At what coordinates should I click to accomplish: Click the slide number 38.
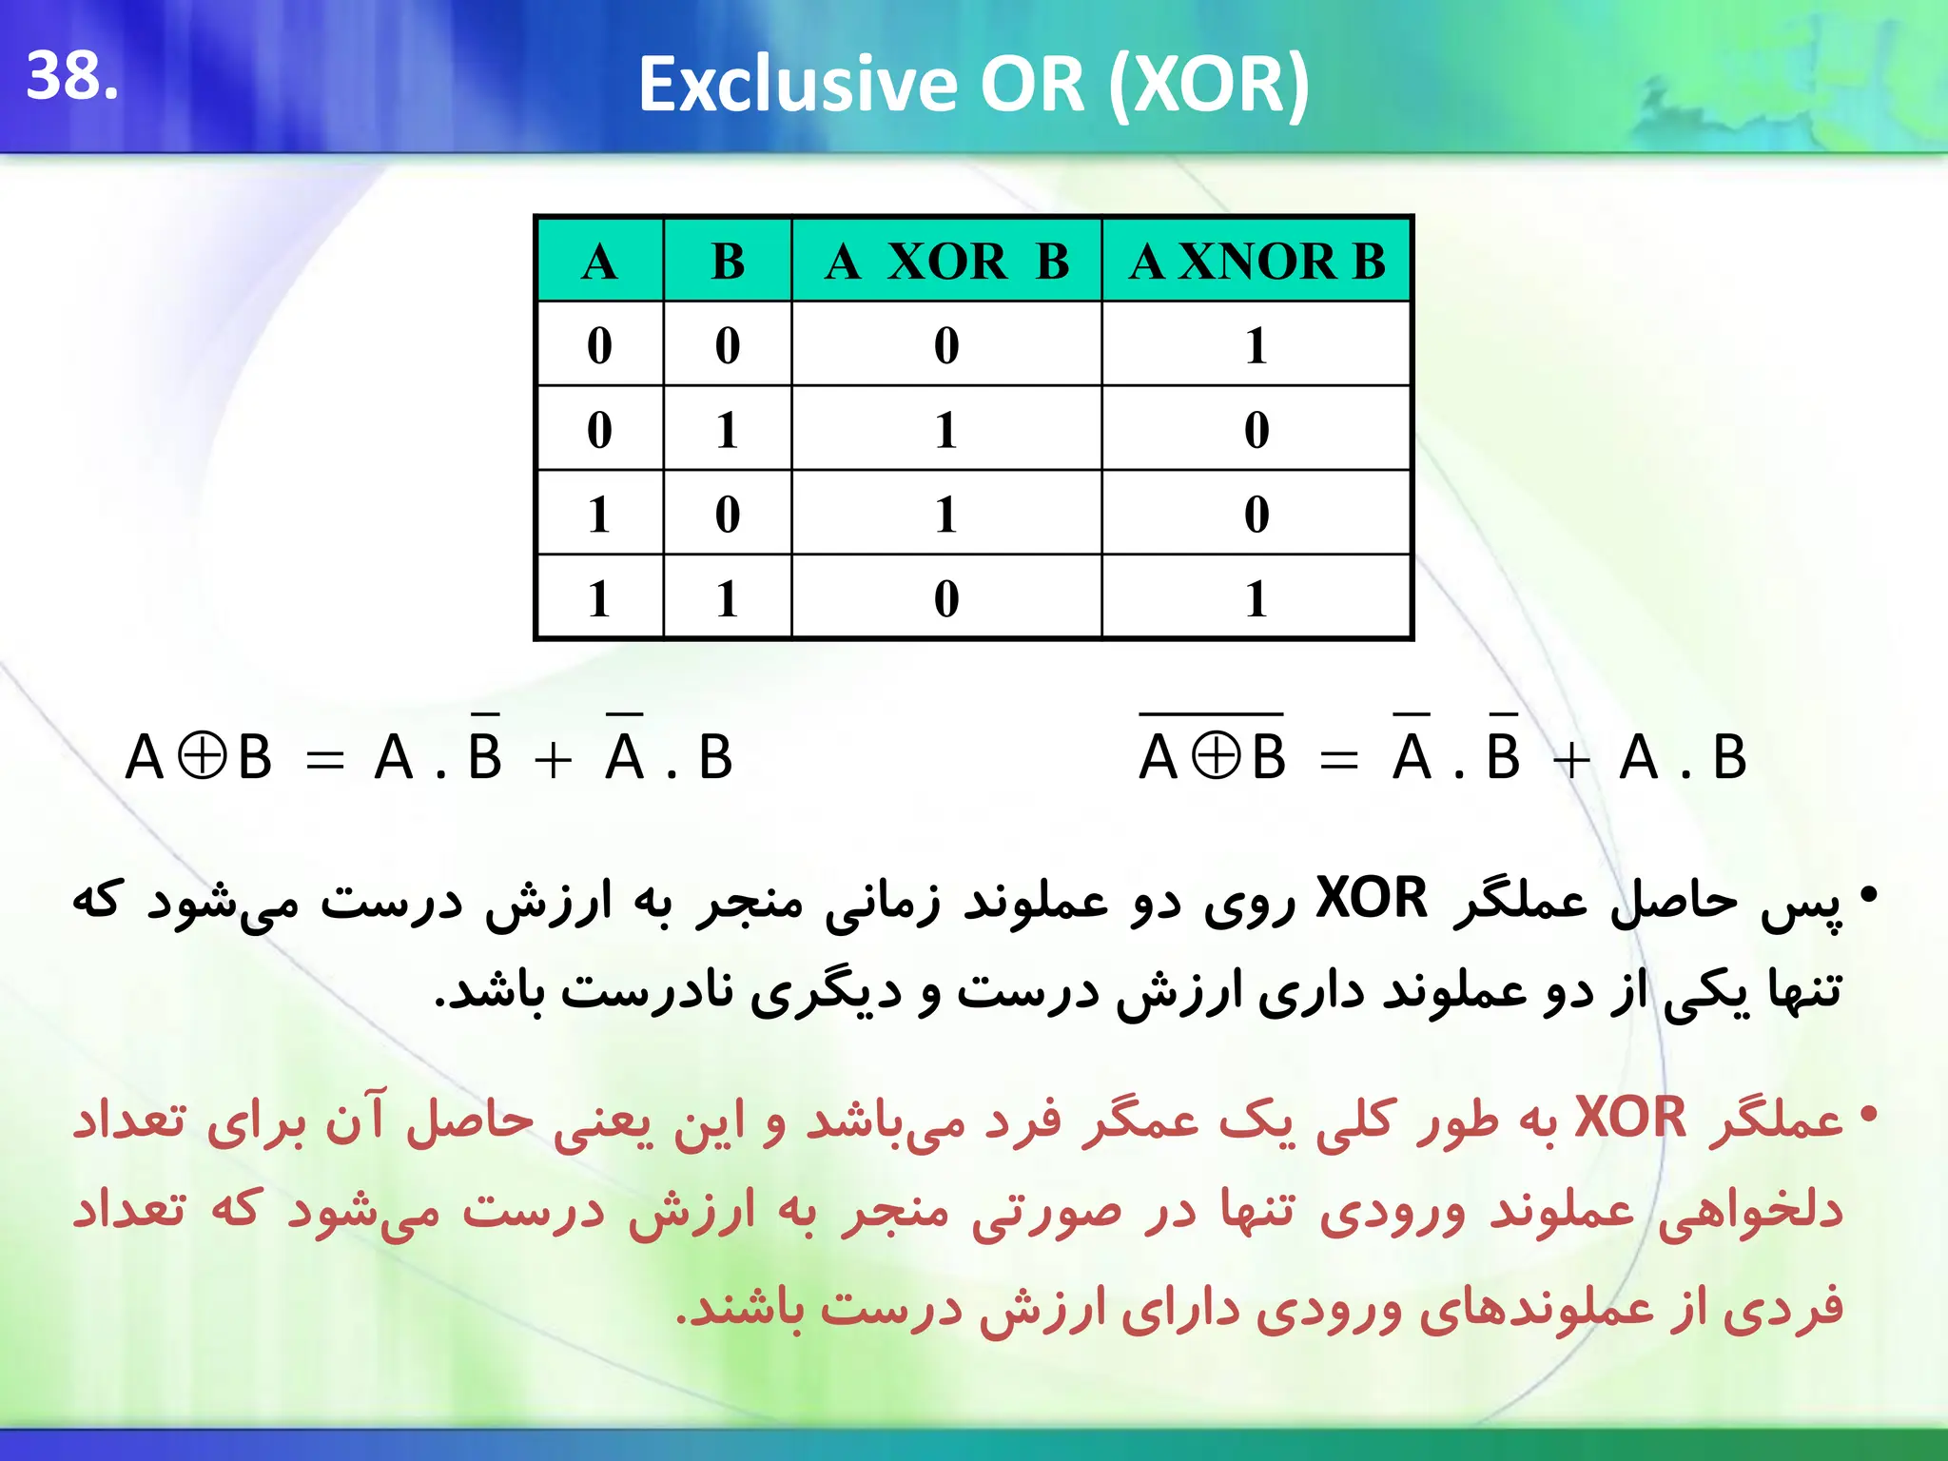[71, 76]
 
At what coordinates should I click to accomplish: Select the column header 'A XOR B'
[946, 261]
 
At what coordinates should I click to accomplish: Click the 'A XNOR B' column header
[1256, 261]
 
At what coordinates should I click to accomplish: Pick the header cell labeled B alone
[728, 261]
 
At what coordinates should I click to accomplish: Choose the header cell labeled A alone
[599, 261]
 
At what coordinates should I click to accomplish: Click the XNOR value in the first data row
[1256, 344]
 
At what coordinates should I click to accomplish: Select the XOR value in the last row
[946, 598]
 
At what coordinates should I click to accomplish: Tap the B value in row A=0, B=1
[728, 429]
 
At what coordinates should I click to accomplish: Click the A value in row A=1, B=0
[599, 514]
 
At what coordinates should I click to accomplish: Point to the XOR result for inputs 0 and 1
[946, 429]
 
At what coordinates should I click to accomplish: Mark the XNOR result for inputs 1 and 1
[1256, 598]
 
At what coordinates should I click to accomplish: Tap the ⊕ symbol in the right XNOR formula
[1217, 758]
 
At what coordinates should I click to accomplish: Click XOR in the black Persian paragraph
[1372, 897]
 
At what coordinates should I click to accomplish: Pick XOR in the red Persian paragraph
[1629, 1117]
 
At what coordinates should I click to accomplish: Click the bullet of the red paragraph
[1868, 1113]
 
